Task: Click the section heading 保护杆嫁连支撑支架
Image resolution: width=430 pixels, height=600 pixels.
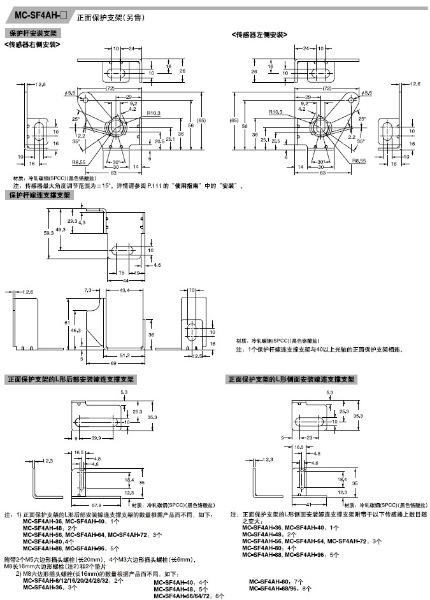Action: pos(39,195)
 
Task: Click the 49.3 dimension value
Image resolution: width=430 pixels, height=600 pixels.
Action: pos(61,230)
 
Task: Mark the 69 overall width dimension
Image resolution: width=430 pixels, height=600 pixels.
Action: pos(113,363)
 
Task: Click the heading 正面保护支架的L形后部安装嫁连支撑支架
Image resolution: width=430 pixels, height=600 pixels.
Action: pos(70,380)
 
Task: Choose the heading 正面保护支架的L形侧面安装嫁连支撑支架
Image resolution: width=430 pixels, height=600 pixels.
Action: pos(291,380)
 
